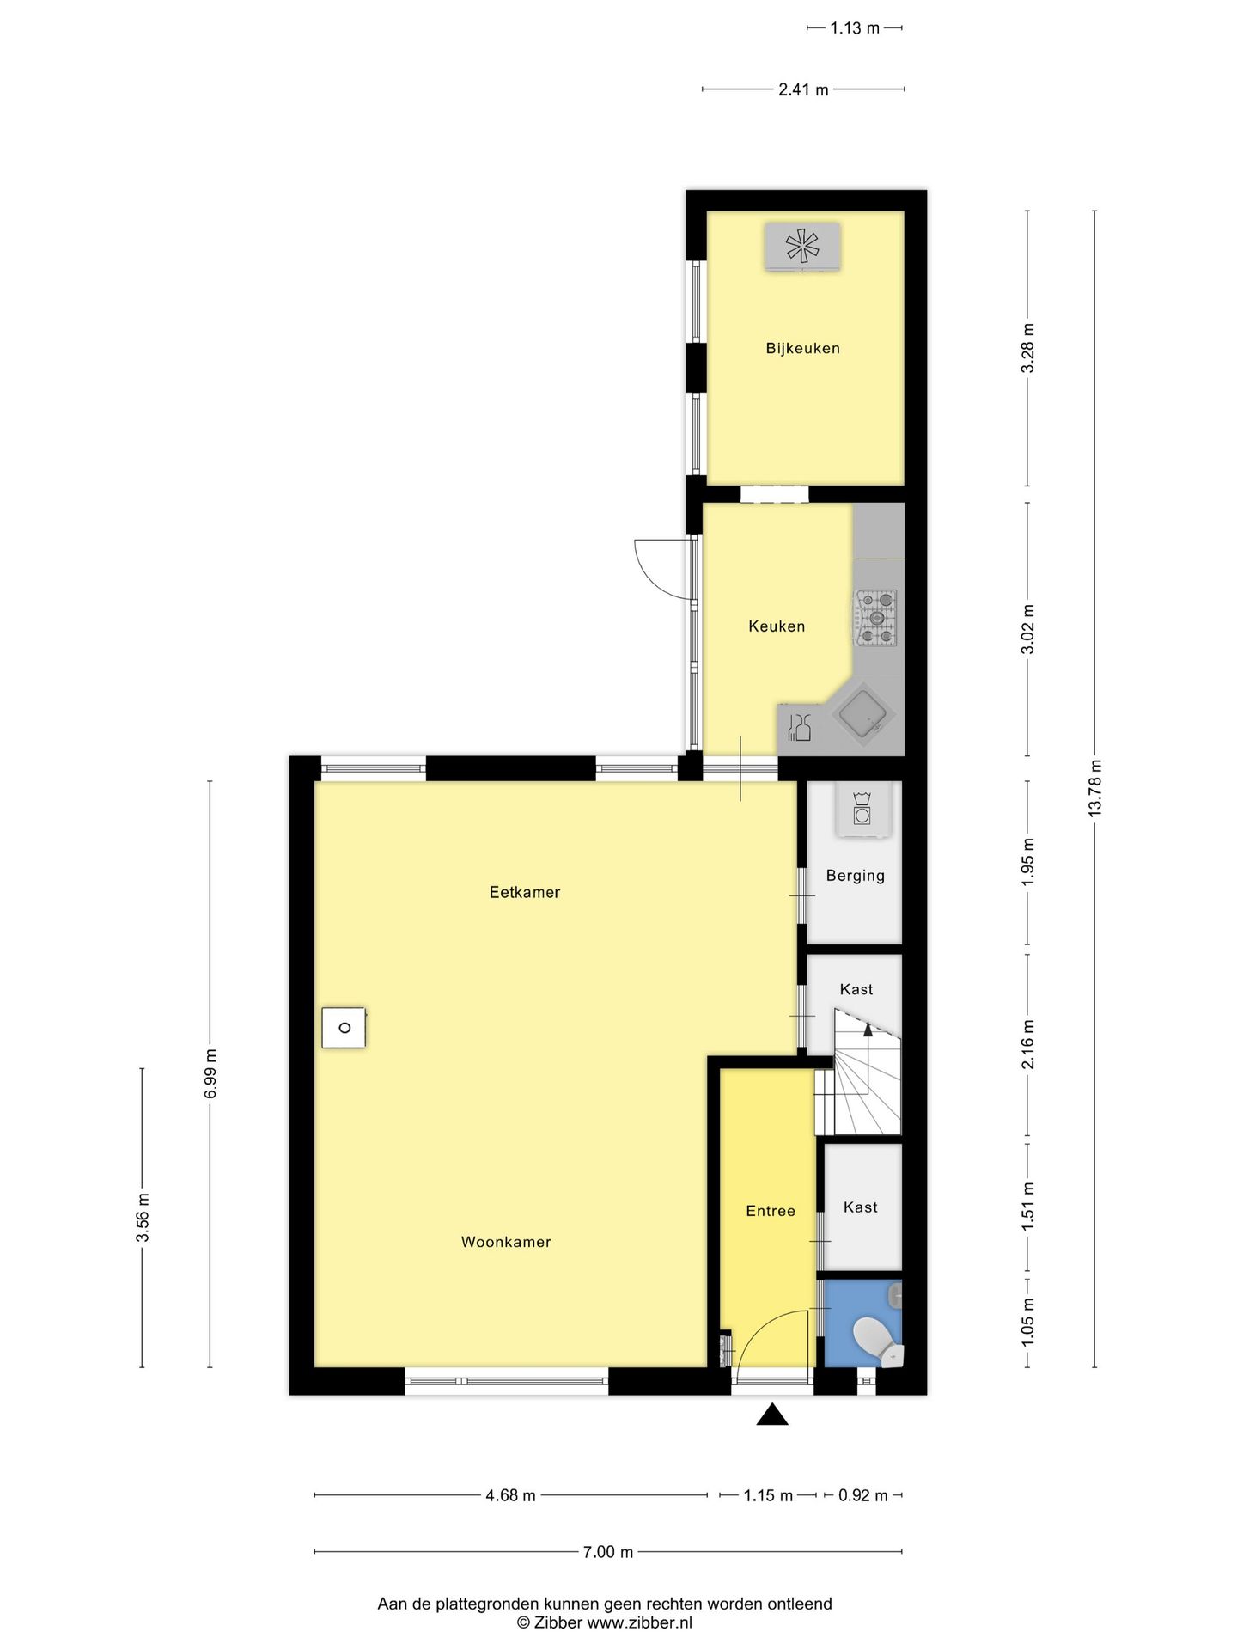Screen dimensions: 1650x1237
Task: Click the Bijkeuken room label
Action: point(802,348)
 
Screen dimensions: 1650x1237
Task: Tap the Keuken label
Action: point(777,626)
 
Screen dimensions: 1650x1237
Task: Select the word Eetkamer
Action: point(525,892)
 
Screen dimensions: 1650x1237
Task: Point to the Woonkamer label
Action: point(506,1242)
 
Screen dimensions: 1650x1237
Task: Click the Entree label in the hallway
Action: point(771,1211)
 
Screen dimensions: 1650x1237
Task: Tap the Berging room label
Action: point(855,876)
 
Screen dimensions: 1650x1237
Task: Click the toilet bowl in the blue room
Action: point(874,1340)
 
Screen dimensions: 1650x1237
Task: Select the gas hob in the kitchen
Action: point(876,617)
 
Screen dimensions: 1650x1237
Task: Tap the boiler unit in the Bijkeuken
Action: point(802,247)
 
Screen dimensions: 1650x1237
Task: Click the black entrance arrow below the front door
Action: point(772,1415)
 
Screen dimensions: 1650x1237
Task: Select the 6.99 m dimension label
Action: point(210,1072)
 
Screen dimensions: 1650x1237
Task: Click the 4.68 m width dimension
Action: point(510,1495)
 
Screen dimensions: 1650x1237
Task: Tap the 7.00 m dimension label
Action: point(607,1552)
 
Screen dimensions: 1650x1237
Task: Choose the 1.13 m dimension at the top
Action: point(854,28)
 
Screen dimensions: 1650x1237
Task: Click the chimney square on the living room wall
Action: point(344,1027)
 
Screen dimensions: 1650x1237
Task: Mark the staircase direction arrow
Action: point(868,1029)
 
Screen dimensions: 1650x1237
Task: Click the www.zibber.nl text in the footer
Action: point(638,1622)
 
